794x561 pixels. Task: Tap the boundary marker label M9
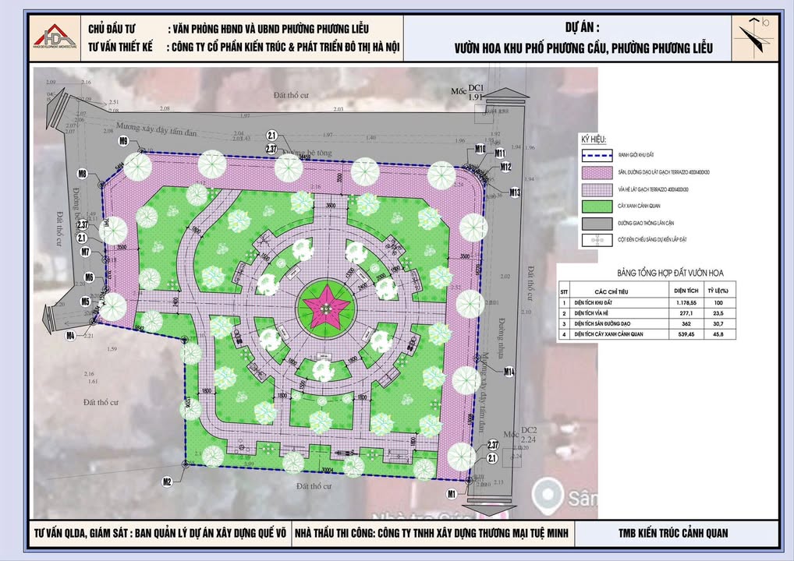(x=123, y=141)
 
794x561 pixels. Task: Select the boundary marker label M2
(x=166, y=482)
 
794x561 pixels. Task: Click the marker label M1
(x=452, y=494)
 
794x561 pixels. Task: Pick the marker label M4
(x=70, y=337)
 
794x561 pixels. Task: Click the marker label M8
(x=82, y=173)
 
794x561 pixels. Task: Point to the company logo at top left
(x=55, y=37)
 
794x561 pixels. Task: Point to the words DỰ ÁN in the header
(x=581, y=27)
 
